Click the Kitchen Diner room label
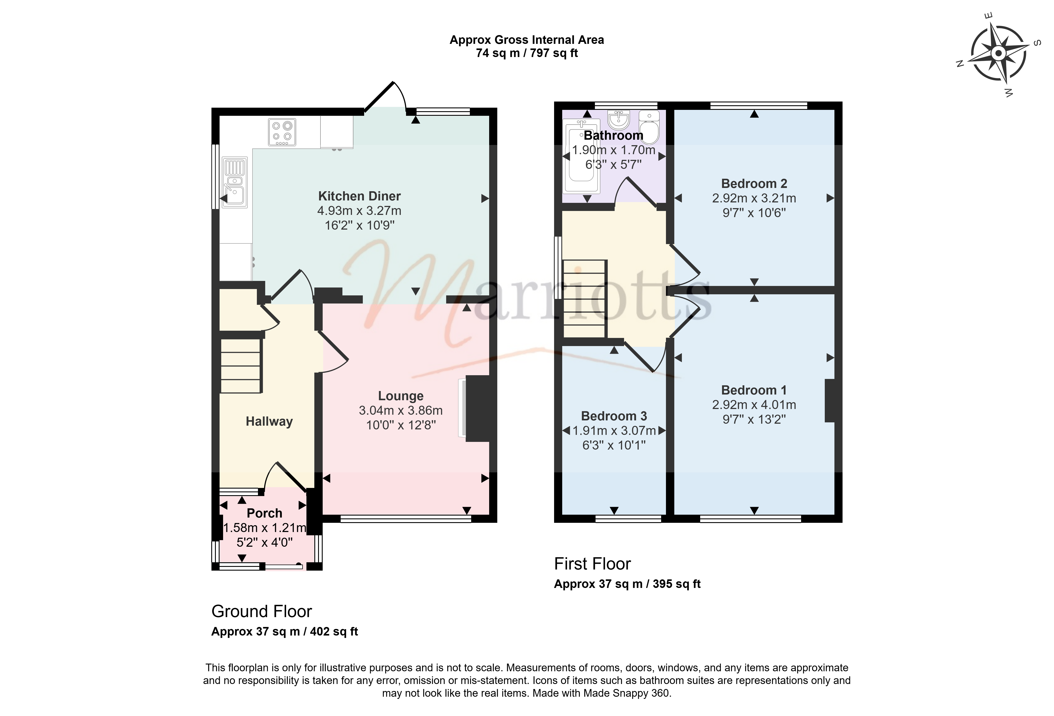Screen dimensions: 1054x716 coord(359,196)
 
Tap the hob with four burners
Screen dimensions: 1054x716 coord(282,132)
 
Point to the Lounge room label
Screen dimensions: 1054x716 coord(401,396)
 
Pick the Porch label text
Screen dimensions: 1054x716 coord(264,513)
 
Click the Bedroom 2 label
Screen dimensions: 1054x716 coord(754,184)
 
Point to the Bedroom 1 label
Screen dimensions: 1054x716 coord(754,390)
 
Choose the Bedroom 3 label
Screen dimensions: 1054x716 coord(614,416)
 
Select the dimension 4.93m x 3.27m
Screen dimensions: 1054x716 coord(359,211)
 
